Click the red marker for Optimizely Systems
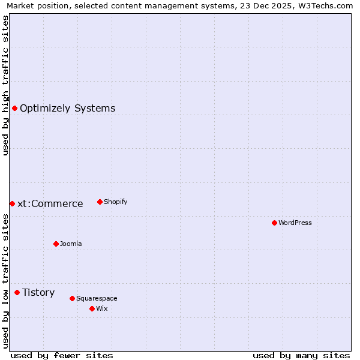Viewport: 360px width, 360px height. click(x=14, y=108)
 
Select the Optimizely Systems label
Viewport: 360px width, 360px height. click(x=67, y=109)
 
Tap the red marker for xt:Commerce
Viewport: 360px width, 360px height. click(x=12, y=204)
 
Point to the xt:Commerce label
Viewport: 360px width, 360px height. click(x=50, y=204)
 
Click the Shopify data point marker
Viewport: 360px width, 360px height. click(x=100, y=202)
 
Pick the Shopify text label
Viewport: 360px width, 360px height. click(x=115, y=202)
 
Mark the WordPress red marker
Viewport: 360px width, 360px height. click(x=274, y=223)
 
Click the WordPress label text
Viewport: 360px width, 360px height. click(x=295, y=223)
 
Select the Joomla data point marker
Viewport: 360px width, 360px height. click(x=56, y=244)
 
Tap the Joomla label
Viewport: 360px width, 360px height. click(x=71, y=244)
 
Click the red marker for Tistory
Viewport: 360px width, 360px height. click(x=17, y=292)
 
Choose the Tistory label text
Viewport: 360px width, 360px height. click(x=38, y=293)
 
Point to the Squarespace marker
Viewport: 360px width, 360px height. click(x=72, y=298)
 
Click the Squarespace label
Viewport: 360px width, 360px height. click(x=97, y=298)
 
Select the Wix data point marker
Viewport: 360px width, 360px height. click(x=92, y=308)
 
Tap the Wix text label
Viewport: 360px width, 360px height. click(x=101, y=308)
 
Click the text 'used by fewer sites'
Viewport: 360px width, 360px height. click(x=62, y=355)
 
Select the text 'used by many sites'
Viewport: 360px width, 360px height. click(x=301, y=355)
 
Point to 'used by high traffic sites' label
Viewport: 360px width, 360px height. click(x=5, y=85)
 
